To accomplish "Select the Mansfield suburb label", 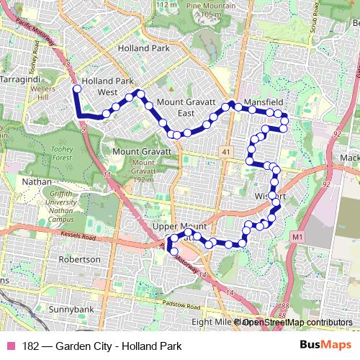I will point(262,103).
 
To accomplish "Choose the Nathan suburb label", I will point(37,182).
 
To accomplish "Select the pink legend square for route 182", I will point(10,346).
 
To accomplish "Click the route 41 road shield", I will point(226,152).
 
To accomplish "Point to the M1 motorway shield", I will point(298,235).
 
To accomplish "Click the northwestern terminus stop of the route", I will point(77,89).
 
